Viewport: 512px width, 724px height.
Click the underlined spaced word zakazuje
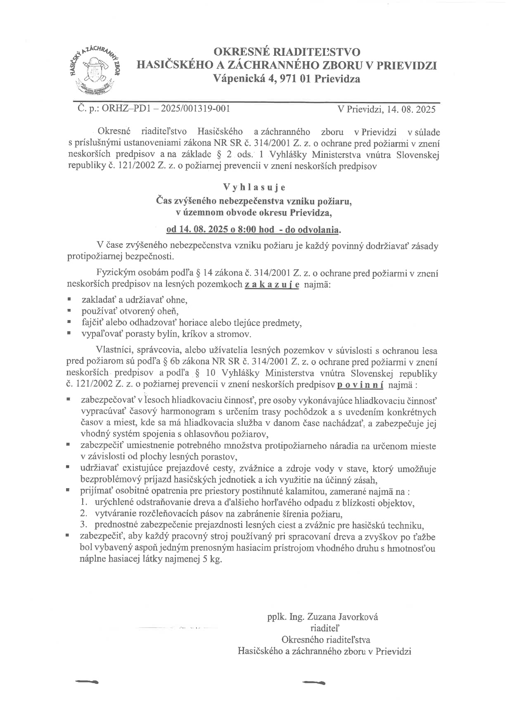(x=272, y=285)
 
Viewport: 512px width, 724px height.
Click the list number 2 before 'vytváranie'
(x=84, y=514)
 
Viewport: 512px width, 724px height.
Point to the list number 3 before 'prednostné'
(x=84, y=526)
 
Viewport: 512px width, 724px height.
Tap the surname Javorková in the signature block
(x=357, y=617)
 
